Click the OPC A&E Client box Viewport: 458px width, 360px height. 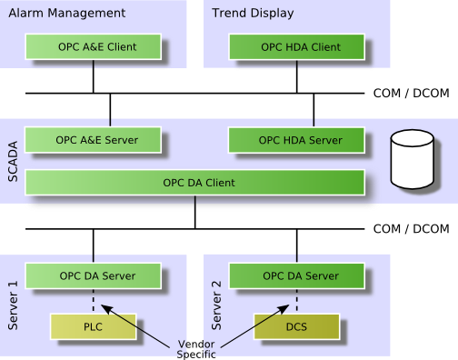94,46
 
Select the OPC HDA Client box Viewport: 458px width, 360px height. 297,47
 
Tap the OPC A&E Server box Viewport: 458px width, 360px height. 93,140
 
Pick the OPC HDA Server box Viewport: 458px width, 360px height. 296,140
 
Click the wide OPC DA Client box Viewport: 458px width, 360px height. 195,183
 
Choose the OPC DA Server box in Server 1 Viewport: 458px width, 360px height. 94,275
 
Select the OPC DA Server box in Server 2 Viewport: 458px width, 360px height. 297,275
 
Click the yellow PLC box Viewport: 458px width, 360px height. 94,326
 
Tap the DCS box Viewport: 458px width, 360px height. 297,326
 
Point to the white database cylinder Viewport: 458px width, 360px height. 413,159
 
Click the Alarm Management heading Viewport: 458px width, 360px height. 67,14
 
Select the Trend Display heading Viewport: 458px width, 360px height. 253,14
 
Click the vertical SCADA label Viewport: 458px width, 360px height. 13,162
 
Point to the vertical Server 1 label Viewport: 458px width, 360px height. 13,305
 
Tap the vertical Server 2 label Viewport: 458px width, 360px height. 216,305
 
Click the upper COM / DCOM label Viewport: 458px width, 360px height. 411,93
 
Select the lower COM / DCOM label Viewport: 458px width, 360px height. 411,229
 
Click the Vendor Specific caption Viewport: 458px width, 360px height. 196,349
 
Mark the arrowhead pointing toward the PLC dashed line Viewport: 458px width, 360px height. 106,309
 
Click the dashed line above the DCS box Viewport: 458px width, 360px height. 297,300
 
